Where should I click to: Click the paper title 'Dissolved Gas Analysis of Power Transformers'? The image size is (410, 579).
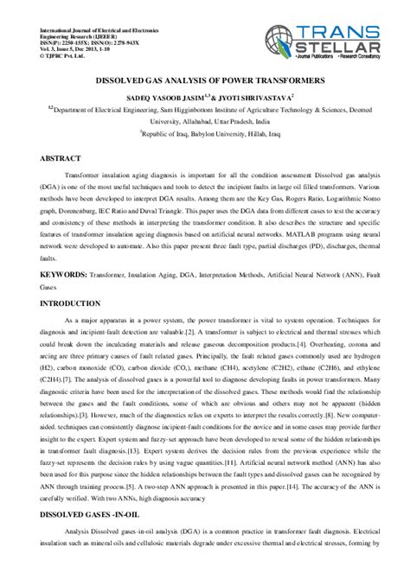[205, 78]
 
